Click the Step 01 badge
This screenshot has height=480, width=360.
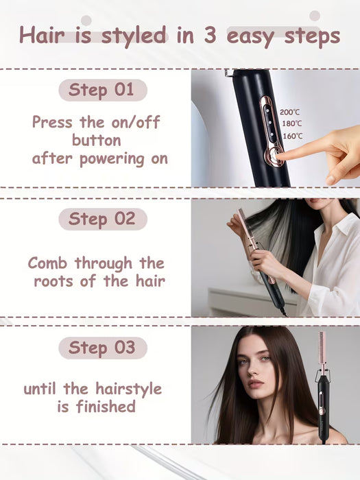[x=102, y=90]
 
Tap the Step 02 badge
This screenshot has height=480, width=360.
[x=102, y=219]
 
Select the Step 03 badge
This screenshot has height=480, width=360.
[x=102, y=347]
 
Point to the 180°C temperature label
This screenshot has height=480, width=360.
[x=291, y=123]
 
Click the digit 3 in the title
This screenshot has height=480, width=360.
[x=209, y=36]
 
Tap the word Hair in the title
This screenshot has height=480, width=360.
[x=45, y=35]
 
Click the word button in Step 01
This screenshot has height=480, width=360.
[x=97, y=140]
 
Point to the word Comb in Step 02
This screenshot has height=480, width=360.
[x=48, y=263]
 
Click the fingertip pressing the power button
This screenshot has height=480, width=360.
[x=281, y=156]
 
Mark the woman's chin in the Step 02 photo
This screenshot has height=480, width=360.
[x=315, y=207]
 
